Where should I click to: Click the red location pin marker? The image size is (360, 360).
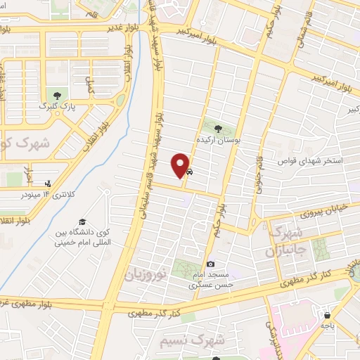coord(181,165)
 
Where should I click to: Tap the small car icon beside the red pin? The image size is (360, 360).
coord(190,171)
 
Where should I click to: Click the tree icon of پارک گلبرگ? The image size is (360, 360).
coord(54,96)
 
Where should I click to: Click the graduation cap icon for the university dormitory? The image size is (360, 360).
coord(83,223)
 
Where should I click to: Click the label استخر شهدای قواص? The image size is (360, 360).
coord(316,161)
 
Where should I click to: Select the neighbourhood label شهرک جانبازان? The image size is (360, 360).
coord(285,241)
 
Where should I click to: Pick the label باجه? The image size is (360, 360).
coord(328,326)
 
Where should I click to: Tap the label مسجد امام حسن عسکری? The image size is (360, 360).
coord(210,281)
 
